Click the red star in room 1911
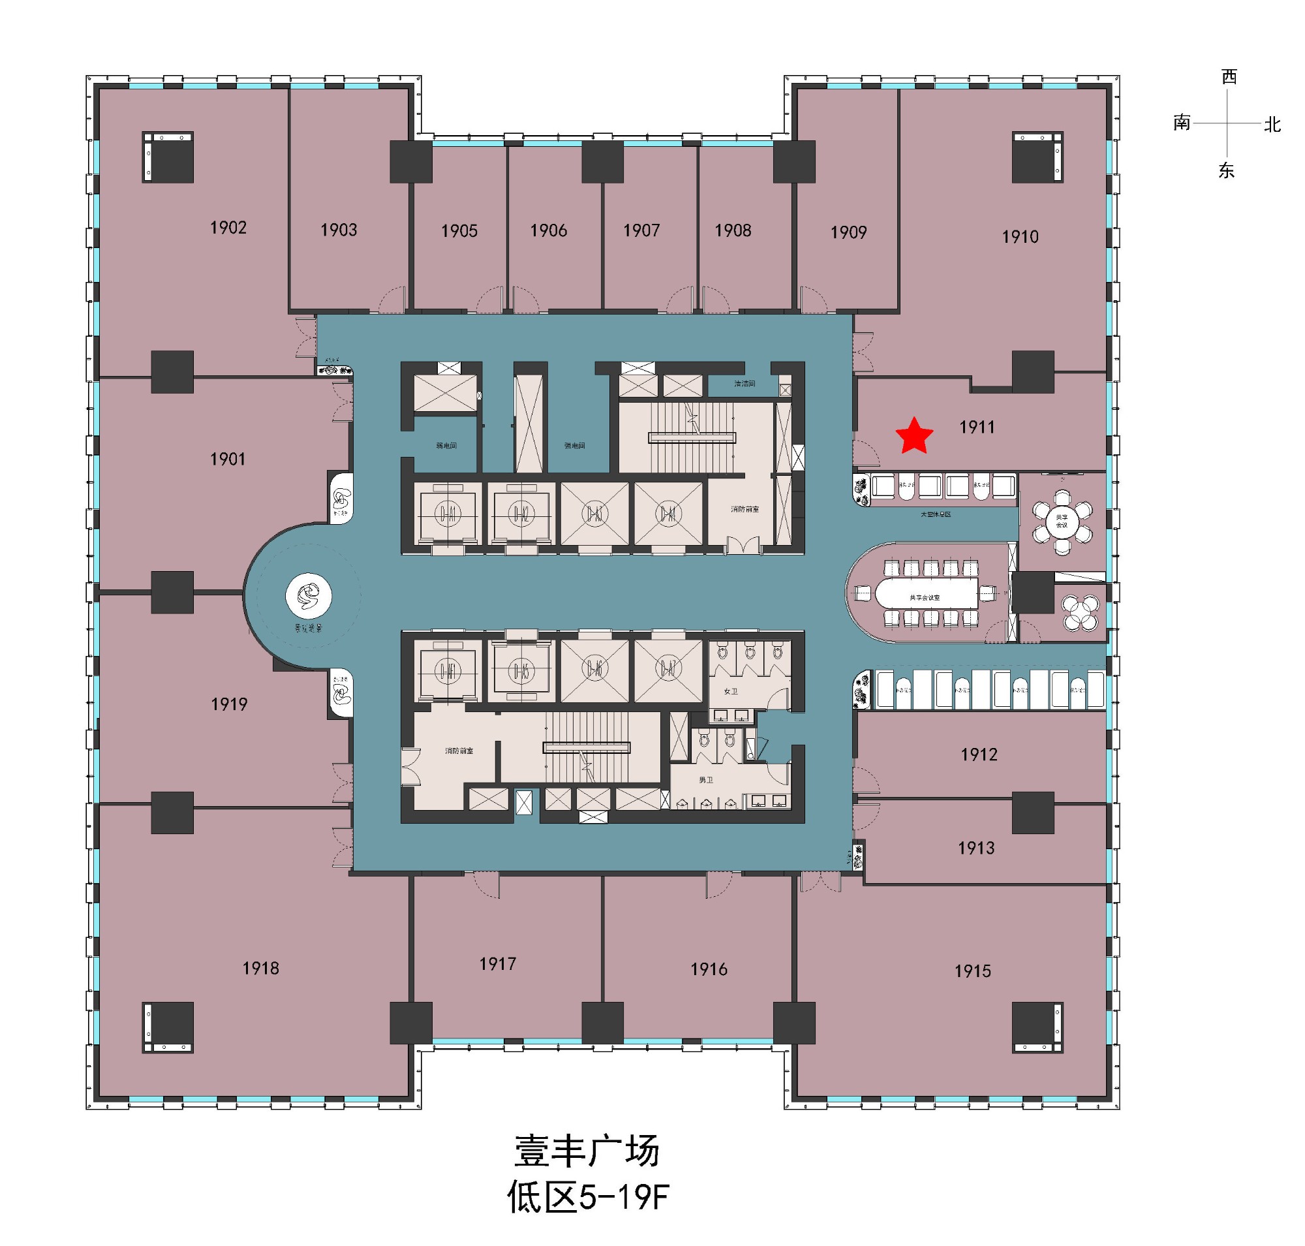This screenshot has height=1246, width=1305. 914,436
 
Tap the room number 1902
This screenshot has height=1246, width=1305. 228,228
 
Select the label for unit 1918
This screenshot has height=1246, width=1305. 260,968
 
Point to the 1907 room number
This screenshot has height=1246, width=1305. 641,230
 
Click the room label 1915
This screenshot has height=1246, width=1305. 972,971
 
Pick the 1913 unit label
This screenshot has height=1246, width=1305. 975,847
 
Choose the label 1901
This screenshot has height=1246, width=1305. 227,459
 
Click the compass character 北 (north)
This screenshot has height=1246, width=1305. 1272,125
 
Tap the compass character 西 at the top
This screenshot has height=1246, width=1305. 1229,77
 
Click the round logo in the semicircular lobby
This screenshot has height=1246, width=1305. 308,596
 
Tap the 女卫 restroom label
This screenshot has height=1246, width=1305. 731,691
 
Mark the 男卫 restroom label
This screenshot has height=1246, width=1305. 705,780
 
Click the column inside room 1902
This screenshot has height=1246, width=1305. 168,157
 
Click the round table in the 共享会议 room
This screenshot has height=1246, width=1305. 1061,521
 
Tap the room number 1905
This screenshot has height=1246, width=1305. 459,231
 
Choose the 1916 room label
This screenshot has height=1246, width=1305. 709,969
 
